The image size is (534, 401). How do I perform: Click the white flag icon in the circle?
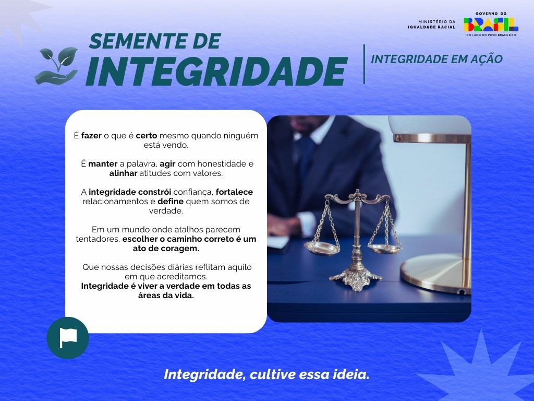[68, 338]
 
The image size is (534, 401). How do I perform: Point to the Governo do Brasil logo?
[491, 24]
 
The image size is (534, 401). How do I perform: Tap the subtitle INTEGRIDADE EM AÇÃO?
[436, 60]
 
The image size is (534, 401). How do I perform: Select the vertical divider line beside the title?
[364, 64]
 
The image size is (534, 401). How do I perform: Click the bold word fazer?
[91, 136]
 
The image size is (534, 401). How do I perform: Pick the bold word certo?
[147, 136]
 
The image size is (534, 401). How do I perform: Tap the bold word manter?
[103, 164]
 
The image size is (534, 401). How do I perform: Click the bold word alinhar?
[124, 173]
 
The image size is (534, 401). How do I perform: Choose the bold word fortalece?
[234, 192]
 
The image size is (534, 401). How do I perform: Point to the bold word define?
[169, 202]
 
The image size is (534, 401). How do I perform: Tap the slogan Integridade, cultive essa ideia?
[266, 374]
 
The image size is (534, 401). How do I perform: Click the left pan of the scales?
[322, 247]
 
